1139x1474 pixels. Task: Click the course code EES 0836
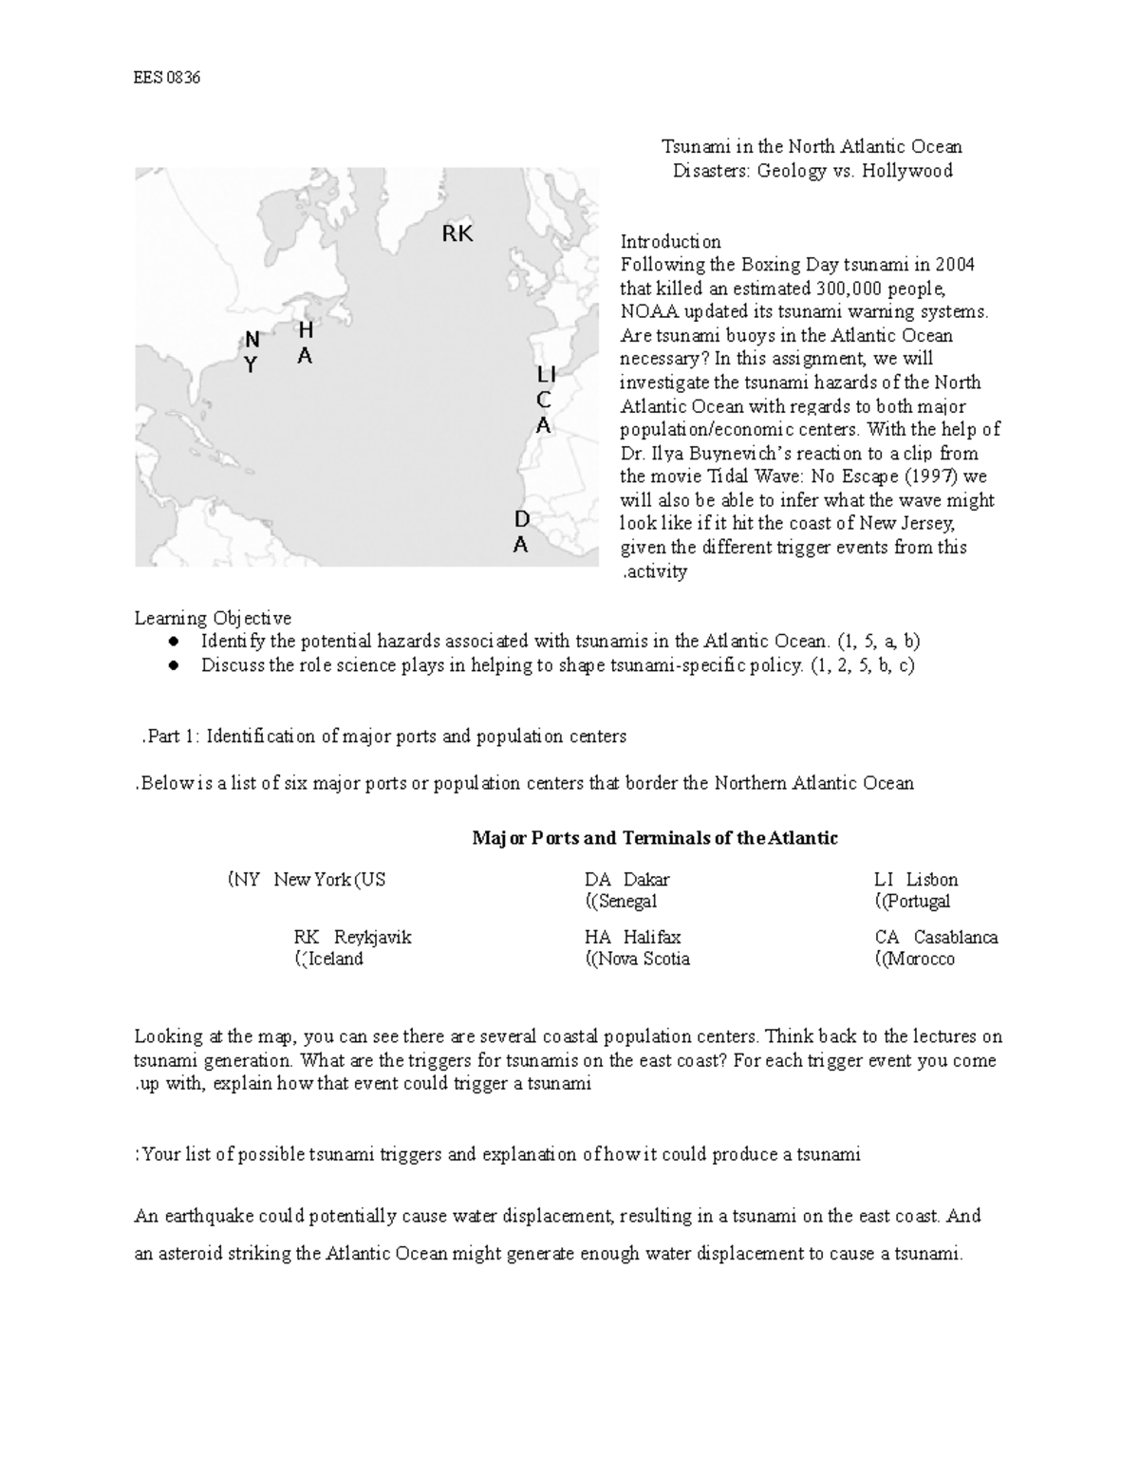point(166,78)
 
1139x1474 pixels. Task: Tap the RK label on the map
point(457,233)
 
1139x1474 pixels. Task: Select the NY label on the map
point(251,352)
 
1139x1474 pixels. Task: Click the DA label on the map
point(521,532)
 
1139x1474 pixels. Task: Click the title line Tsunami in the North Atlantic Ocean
point(812,147)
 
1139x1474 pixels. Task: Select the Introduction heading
point(670,241)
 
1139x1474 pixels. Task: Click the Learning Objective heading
point(213,619)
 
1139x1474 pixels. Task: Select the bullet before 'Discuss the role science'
point(174,666)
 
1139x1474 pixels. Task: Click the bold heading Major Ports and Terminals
point(655,838)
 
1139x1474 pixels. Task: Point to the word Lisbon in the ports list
point(932,880)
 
